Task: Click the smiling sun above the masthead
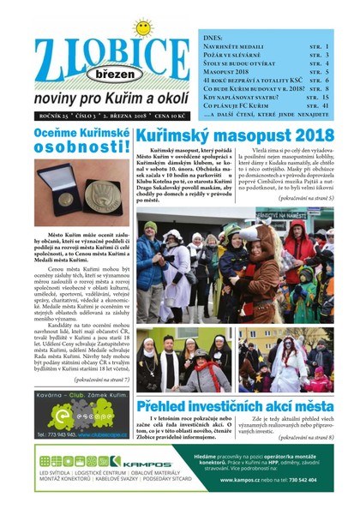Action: pyautogui.click(x=141, y=27)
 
